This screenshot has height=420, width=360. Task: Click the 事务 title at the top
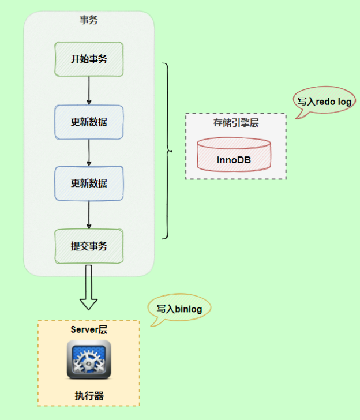click(x=89, y=20)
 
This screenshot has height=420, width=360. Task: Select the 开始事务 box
click(x=89, y=59)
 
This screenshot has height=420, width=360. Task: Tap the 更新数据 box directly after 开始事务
click(x=89, y=122)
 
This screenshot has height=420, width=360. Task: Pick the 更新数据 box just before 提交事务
click(x=89, y=183)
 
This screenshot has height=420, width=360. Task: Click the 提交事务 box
click(x=89, y=246)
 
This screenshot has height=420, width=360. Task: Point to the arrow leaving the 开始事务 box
click(x=89, y=90)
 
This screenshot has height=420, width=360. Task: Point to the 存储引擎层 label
click(x=235, y=123)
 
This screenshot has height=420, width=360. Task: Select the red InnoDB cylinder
click(x=234, y=155)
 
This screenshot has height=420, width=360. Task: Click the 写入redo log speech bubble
click(x=324, y=100)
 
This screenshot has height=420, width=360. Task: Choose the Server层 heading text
click(x=89, y=330)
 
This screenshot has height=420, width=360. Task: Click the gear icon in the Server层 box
click(x=89, y=359)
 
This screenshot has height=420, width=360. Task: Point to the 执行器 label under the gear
click(x=89, y=396)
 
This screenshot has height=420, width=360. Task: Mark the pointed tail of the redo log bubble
click(x=298, y=116)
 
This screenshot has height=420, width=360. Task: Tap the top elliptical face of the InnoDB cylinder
click(x=234, y=144)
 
